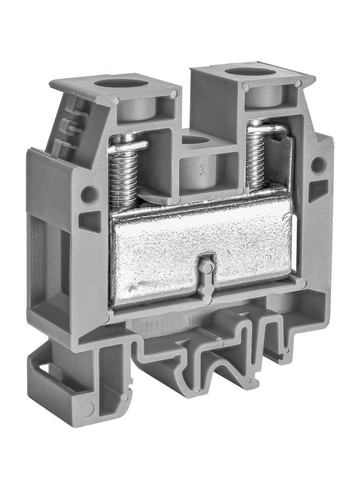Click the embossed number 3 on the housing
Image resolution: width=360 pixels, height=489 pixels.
coord(202,172)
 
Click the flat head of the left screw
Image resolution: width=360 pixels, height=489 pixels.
coord(128,146)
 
